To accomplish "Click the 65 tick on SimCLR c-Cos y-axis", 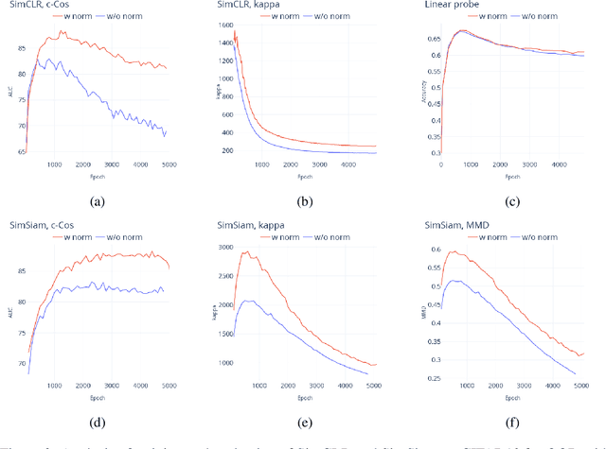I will tap(19, 150).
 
